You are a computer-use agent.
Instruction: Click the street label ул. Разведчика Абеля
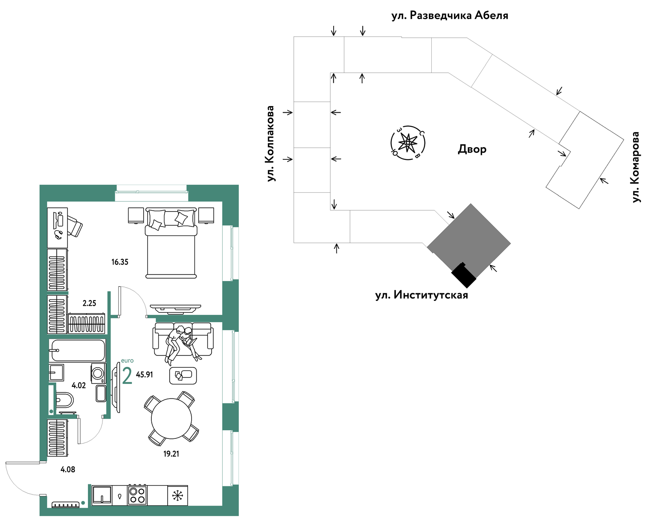point(450,15)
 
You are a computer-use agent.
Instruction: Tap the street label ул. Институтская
point(422,295)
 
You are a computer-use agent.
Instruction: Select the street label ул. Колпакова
point(271,144)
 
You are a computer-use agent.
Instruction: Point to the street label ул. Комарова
point(636,167)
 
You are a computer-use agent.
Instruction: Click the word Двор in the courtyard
point(472,149)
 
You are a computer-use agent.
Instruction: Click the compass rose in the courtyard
point(408,143)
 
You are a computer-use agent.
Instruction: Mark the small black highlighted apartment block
point(463,275)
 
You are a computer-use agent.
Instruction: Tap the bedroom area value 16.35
point(120,262)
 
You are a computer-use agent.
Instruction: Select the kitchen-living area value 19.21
point(171,454)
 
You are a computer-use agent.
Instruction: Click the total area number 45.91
point(144,375)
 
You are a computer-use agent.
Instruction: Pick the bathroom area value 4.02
point(79,385)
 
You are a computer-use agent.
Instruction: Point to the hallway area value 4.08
point(68,470)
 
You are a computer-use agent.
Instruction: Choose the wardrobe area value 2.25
point(89,303)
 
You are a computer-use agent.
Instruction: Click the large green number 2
point(127,375)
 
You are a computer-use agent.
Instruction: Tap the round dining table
point(171,419)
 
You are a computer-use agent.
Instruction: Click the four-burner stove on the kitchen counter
point(138,495)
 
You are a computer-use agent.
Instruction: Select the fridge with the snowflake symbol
point(177,495)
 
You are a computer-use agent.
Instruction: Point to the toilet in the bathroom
point(64,400)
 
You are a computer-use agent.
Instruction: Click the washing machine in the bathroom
point(98,373)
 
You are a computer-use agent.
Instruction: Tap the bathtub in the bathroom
point(78,351)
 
